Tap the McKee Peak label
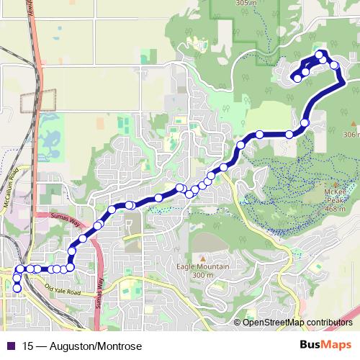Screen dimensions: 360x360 pos(338,196)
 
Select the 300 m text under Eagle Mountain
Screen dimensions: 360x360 pos(204,275)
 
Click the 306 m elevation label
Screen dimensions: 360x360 pos(351,135)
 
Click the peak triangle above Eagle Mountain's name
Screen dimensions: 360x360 pos(203,258)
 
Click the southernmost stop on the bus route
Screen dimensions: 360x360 pos(17,288)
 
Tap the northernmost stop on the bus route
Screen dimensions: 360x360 pos(320,54)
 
